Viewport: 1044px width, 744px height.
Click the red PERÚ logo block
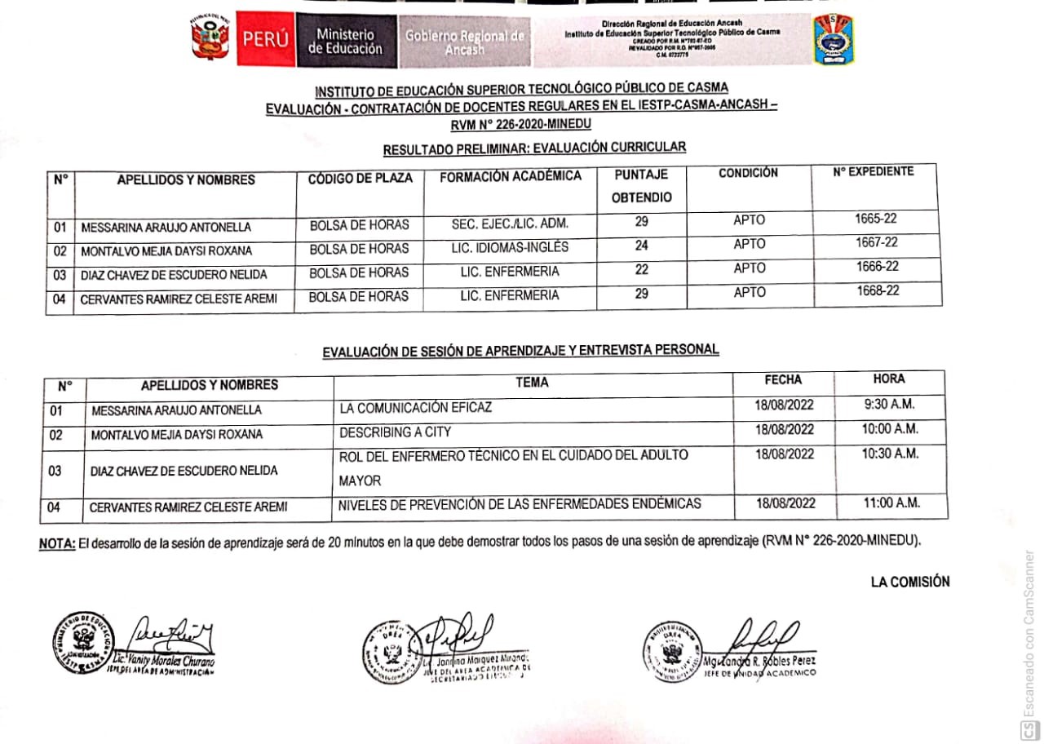pyautogui.click(x=265, y=39)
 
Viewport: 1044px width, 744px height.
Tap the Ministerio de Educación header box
pyautogui.click(x=344, y=41)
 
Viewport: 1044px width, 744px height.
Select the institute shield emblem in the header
pyautogui.click(x=834, y=39)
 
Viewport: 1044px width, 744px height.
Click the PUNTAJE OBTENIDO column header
pyautogui.click(x=641, y=186)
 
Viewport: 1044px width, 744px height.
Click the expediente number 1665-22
pyautogui.click(x=877, y=219)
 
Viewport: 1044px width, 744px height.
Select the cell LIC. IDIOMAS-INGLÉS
pyautogui.click(x=509, y=247)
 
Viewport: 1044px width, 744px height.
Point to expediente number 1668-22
pyautogui.click(x=878, y=291)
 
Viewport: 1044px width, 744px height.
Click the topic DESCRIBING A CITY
pyautogui.click(x=395, y=432)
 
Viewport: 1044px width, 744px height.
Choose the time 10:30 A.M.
pyautogui.click(x=890, y=454)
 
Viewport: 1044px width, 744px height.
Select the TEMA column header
pyautogui.click(x=532, y=382)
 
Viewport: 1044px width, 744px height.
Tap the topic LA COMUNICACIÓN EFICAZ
pyautogui.click(x=415, y=407)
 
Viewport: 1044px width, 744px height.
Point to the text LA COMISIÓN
pyautogui.click(x=910, y=582)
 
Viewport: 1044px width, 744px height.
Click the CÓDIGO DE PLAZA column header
pyautogui.click(x=360, y=178)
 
